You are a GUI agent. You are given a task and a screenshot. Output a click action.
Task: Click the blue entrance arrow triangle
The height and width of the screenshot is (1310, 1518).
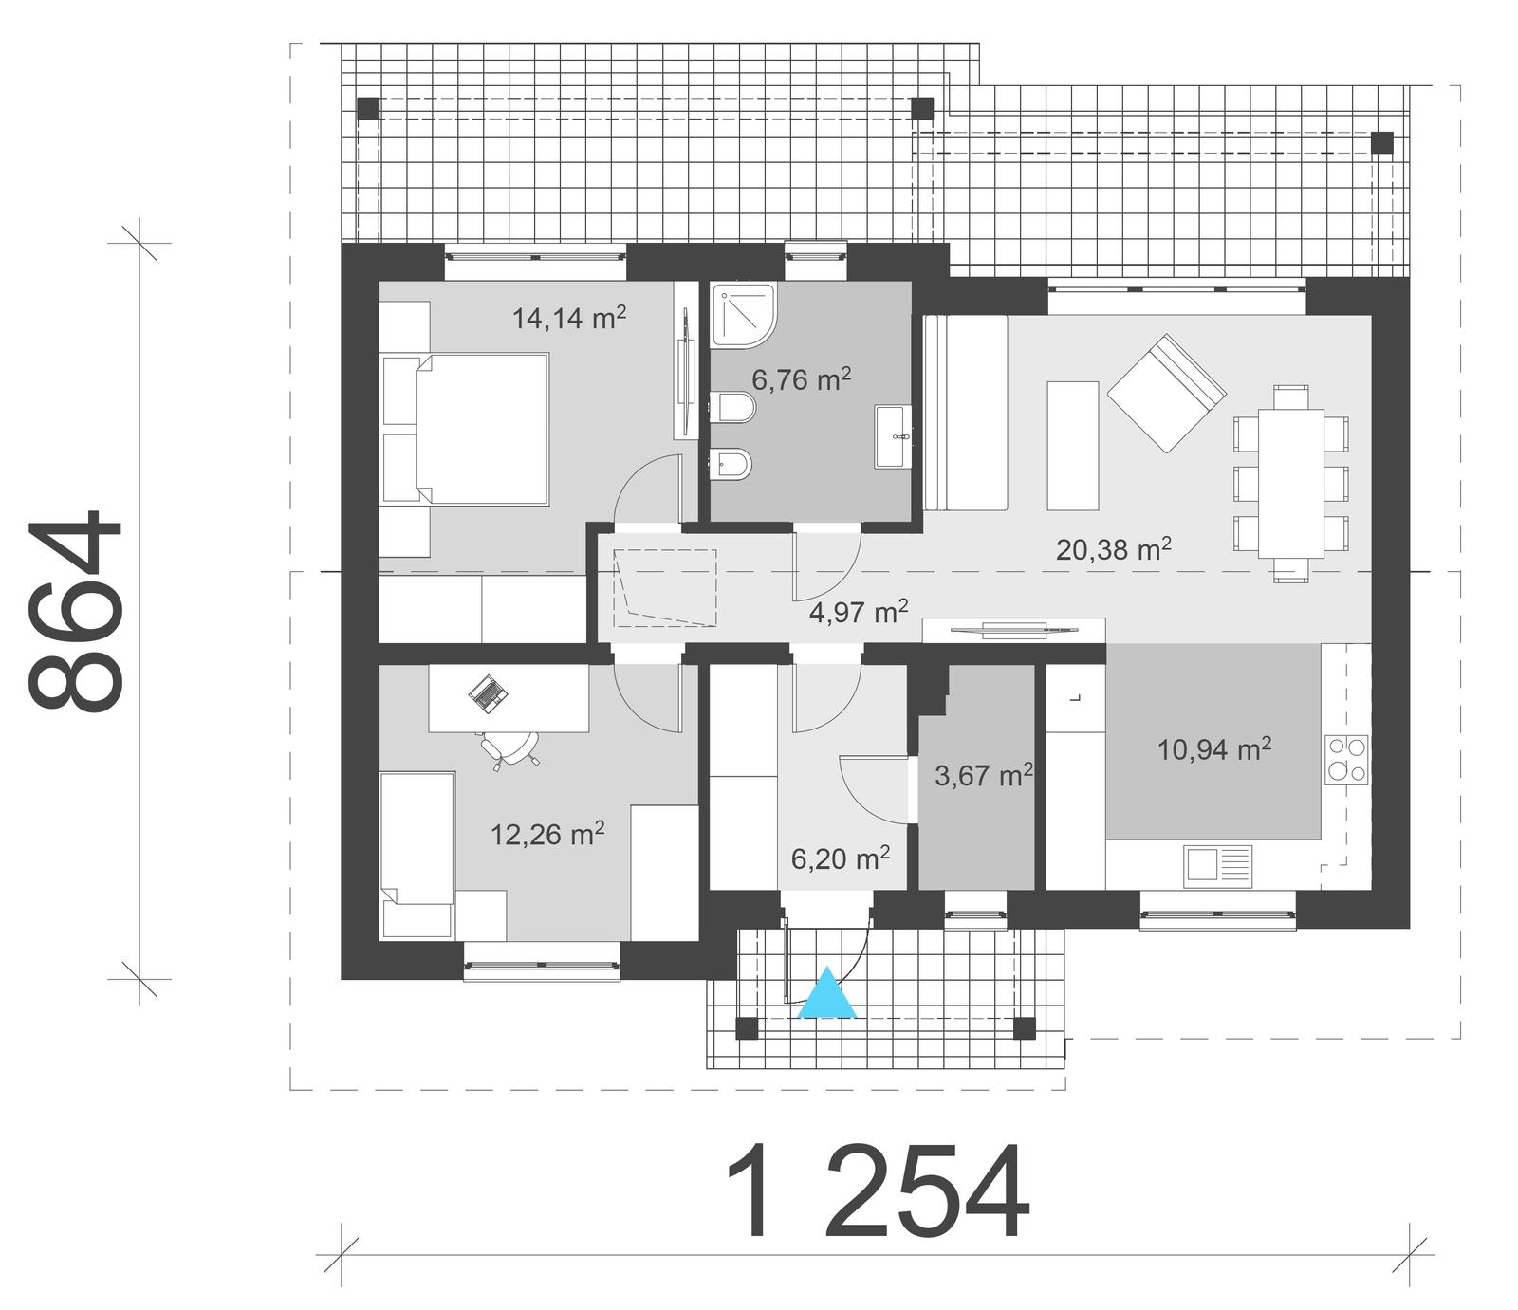[827, 995]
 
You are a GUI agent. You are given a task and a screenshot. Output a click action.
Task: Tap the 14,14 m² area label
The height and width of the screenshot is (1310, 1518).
[568, 317]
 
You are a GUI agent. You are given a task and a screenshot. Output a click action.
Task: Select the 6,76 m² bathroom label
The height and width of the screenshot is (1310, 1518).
[801, 379]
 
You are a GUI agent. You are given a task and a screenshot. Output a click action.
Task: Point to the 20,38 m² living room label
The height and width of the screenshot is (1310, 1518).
[1113, 548]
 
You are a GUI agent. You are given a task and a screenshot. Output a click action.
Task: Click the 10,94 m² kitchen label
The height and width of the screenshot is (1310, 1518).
[1213, 749]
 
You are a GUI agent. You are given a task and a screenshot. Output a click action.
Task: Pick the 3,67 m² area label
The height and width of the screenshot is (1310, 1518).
[983, 775]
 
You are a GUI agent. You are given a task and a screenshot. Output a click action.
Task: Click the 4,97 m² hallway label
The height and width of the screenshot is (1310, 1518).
[859, 611]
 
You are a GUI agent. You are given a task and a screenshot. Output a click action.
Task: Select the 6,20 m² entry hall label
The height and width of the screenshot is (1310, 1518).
[840, 858]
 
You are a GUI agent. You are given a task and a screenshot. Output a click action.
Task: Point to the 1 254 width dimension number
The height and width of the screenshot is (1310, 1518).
[878, 1192]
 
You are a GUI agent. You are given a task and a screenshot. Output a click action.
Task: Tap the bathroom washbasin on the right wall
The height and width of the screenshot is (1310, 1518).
[893, 436]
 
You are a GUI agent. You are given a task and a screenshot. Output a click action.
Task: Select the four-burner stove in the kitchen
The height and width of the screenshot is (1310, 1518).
[1347, 760]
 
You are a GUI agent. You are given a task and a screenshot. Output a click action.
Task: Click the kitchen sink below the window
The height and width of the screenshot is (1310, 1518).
[1217, 867]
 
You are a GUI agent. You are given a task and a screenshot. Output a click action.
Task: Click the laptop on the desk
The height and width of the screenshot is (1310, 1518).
[488, 693]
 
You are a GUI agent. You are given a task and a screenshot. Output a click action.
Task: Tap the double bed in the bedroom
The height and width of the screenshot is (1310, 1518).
[467, 428]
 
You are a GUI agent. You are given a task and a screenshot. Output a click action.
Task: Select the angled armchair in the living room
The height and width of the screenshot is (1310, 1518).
[1166, 392]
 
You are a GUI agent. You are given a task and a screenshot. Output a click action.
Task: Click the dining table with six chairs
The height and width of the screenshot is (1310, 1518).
[1290, 483]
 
